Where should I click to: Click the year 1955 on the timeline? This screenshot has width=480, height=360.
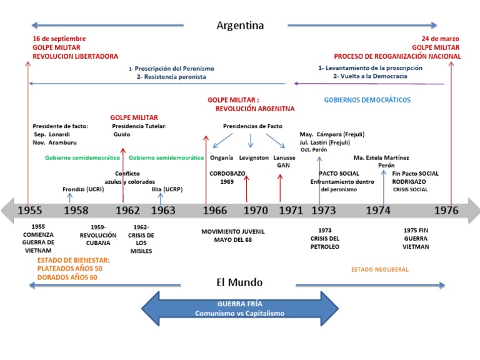tap(30, 210)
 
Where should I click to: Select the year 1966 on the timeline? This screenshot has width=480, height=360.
tap(215, 210)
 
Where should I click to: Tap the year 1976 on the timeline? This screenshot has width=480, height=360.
tap(446, 210)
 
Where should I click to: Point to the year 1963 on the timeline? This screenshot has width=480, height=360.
tap(163, 210)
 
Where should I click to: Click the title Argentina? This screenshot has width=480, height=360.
tap(240, 26)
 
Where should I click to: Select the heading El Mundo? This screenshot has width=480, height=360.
tap(239, 282)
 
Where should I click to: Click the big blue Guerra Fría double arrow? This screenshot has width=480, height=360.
tap(240, 309)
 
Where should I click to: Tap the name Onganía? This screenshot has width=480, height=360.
tap(221, 157)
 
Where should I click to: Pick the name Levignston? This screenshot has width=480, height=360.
tap(254, 158)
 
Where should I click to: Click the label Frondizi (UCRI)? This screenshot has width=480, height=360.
tap(83, 189)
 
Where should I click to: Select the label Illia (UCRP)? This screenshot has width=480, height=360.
tap(167, 189)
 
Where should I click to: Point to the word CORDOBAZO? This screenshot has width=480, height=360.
tap(227, 173)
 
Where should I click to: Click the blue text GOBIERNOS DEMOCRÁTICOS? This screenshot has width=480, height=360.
tap(367, 100)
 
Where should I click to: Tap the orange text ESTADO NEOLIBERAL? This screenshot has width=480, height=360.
tap(380, 269)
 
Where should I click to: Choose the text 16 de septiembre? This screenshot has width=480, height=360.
tap(59, 39)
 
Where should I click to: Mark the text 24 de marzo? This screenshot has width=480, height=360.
tap(441, 39)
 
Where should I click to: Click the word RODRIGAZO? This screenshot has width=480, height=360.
tap(409, 181)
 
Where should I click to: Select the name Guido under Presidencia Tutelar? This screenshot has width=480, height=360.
tap(122, 134)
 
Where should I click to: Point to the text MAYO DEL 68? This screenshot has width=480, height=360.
tap(233, 240)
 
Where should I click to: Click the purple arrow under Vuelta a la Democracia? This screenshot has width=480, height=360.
tap(369, 84)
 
